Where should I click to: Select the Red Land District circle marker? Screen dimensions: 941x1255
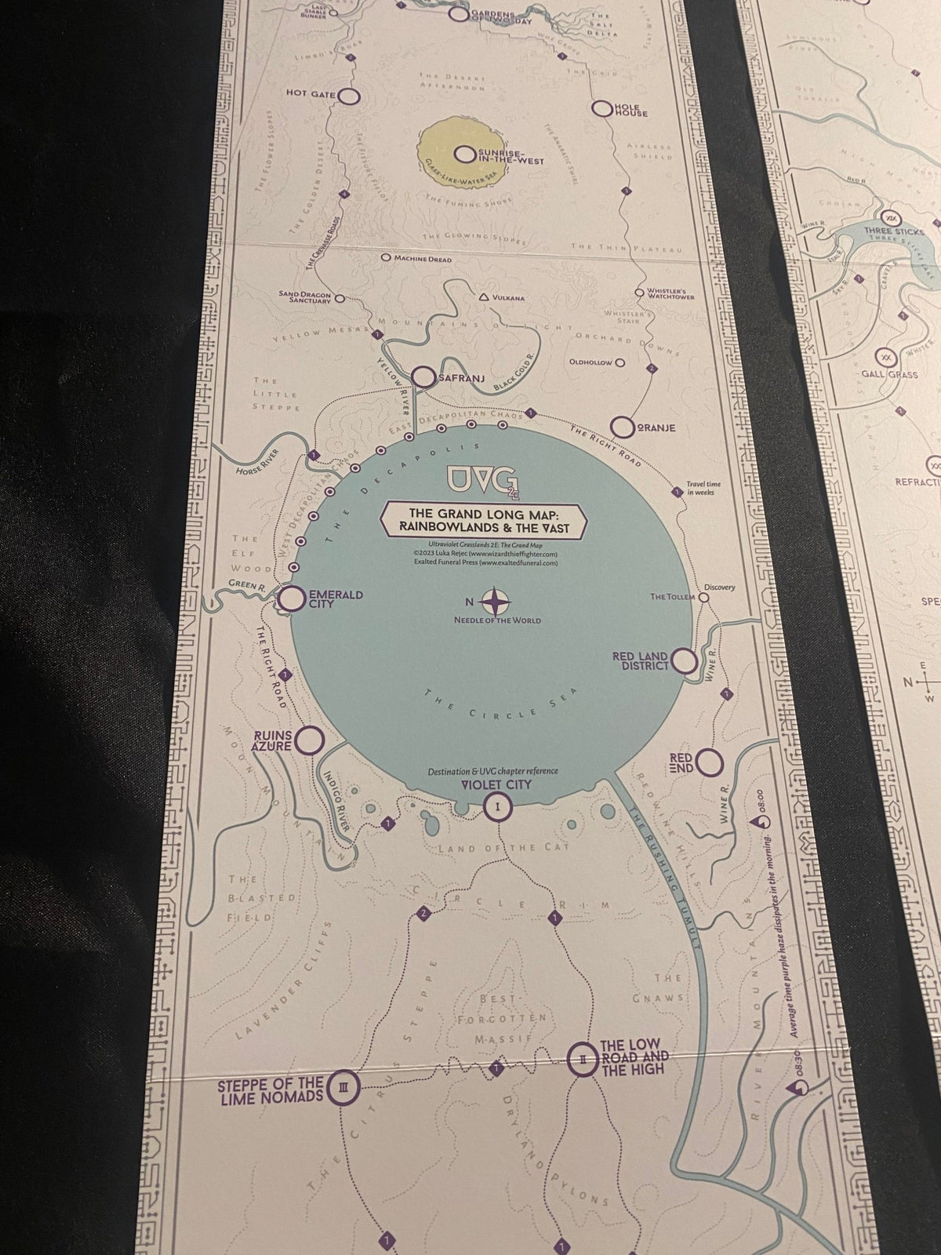point(685,661)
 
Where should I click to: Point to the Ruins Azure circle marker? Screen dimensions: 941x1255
point(311,740)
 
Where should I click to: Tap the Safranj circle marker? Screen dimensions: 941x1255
point(424,377)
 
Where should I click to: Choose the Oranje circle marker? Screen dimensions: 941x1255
point(623,427)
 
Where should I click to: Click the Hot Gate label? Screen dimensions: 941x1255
point(311,94)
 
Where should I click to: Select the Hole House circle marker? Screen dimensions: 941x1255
point(602,108)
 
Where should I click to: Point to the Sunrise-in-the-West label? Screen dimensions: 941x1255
point(504,155)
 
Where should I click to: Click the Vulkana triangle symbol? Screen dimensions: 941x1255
point(484,297)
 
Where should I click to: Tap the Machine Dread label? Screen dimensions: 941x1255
point(422,258)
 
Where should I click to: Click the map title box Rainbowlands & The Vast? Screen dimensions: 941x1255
point(485,520)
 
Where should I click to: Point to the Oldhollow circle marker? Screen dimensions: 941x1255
point(620,363)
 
